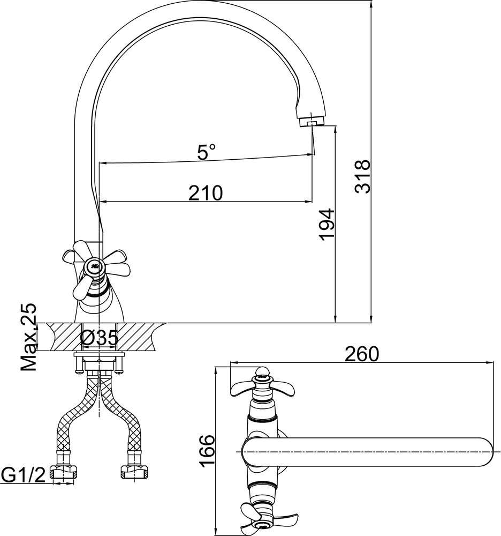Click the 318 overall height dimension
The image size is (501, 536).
tap(362, 176)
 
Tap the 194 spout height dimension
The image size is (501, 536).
tap(327, 225)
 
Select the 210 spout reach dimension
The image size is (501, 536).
tap(206, 193)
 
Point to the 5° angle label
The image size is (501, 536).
tap(207, 152)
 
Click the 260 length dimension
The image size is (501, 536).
tap(362, 354)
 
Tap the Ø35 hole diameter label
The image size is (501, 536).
tap(99, 338)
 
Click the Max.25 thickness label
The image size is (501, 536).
tap(29, 337)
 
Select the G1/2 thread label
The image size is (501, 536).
tap(23, 475)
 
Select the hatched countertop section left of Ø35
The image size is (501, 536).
tap(63, 337)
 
